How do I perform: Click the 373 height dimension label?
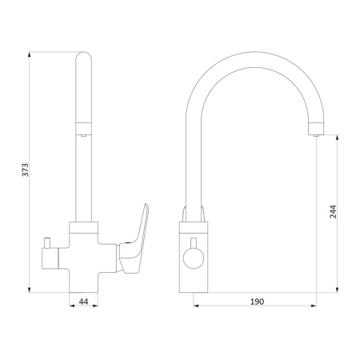25,170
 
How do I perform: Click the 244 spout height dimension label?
333,212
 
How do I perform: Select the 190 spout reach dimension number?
257,302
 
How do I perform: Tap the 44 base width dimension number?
83,302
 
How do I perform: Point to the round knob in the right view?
194,258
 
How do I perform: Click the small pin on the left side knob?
48,242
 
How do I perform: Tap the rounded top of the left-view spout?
84,57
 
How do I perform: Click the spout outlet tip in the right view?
316,135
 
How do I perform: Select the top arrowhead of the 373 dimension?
30,54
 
